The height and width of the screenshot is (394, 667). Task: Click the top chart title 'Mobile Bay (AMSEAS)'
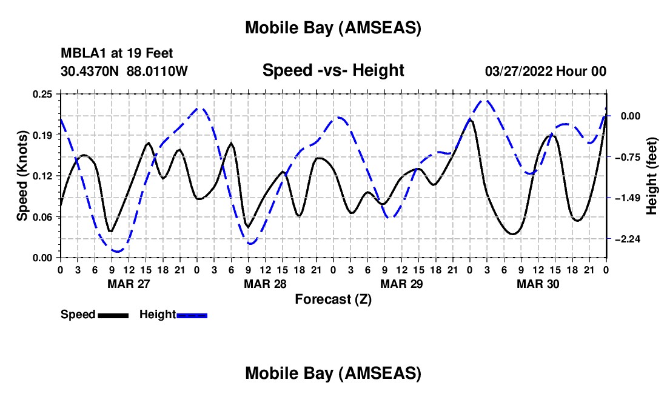(x=333, y=28)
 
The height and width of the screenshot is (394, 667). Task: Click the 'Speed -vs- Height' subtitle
(x=333, y=70)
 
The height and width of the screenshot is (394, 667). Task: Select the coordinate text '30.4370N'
(x=90, y=71)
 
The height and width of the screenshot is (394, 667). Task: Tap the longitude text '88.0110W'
(x=158, y=71)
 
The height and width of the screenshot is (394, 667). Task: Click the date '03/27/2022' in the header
(x=519, y=71)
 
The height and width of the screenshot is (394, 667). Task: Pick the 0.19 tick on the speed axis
(x=42, y=135)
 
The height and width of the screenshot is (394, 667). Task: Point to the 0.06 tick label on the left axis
(x=42, y=216)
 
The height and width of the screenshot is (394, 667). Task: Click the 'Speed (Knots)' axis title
(x=22, y=176)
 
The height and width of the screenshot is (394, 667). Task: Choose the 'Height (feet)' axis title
(x=652, y=176)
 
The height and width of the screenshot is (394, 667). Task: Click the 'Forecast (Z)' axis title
(x=333, y=299)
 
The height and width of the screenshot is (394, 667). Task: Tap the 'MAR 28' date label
(x=265, y=284)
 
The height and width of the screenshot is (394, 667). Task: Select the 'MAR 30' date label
(x=538, y=284)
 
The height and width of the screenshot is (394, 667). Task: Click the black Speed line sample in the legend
(x=113, y=315)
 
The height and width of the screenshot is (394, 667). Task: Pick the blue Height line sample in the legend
(x=192, y=315)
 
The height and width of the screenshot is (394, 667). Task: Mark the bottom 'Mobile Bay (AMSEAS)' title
(x=333, y=373)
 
